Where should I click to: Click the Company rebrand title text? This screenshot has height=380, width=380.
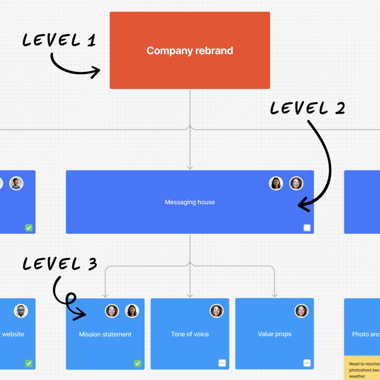190,51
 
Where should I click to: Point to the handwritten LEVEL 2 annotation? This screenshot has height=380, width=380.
307,108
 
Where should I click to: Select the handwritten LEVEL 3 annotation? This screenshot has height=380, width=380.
60,264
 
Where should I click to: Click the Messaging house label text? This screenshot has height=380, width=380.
190,202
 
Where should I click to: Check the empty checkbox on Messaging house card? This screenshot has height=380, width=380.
307,228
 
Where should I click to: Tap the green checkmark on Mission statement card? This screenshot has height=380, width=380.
138,364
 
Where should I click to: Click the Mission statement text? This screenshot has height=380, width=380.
105,334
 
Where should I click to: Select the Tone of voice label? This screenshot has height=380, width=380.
190,334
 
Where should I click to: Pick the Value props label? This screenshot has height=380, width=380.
274,334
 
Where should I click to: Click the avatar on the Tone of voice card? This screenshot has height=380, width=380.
217,311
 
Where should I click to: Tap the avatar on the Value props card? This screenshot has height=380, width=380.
301,311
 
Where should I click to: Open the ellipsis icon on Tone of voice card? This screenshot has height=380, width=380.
222,363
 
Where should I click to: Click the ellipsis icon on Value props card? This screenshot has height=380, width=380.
307,363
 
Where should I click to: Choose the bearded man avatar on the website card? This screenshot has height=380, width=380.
21,311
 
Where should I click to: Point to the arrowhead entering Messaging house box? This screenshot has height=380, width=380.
190,167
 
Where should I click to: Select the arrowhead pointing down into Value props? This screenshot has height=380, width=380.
274,295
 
